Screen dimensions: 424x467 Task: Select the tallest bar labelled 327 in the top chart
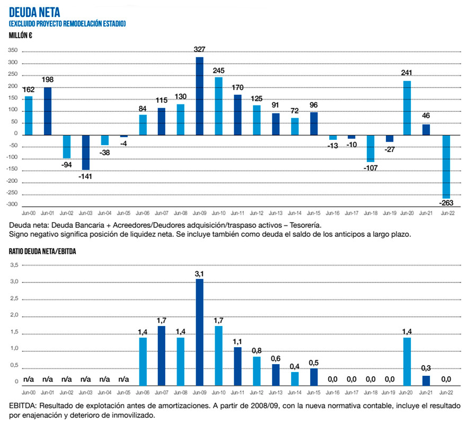tap(199, 95)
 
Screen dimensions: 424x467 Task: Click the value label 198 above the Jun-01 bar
tap(47, 79)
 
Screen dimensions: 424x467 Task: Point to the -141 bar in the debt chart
tap(85, 152)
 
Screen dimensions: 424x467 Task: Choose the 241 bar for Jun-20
tap(407, 108)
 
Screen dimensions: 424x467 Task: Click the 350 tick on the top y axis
tap(13, 51)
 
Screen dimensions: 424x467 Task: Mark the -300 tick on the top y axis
tap(12, 205)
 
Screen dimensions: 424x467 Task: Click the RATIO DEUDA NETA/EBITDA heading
tap(42, 252)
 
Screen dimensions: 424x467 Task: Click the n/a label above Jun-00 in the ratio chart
tap(29, 379)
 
